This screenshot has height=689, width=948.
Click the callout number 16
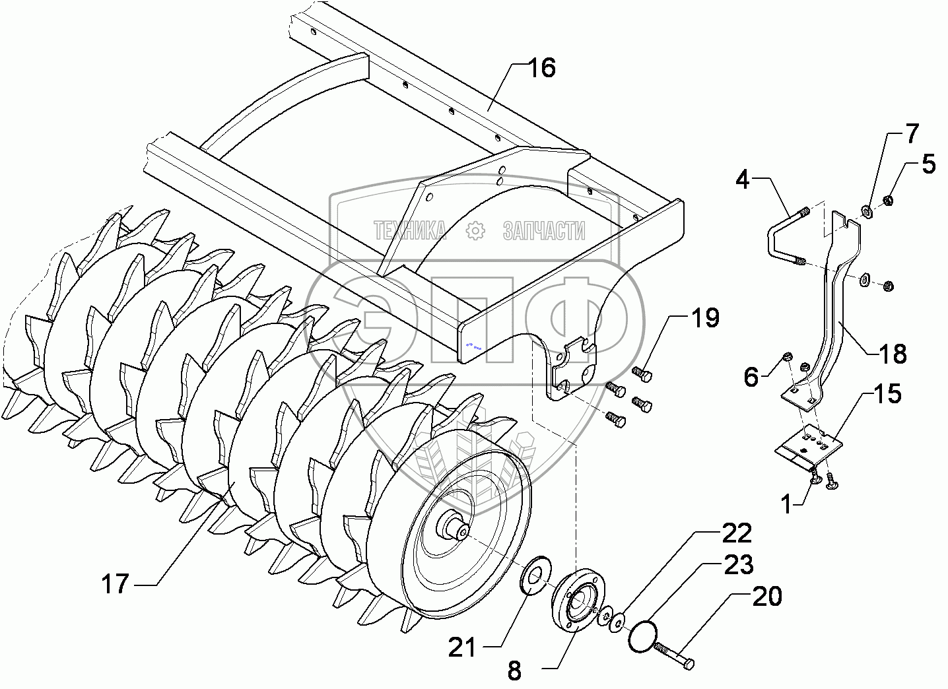click(542, 68)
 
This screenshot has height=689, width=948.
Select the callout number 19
click(705, 318)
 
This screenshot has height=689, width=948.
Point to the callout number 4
click(743, 180)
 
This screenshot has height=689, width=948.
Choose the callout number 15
click(889, 394)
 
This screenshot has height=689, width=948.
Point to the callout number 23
click(739, 565)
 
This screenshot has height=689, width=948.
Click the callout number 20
click(766, 596)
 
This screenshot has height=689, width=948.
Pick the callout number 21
click(461, 647)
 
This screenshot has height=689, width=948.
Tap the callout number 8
click(514, 671)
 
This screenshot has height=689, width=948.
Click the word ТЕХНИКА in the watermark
click(410, 230)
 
